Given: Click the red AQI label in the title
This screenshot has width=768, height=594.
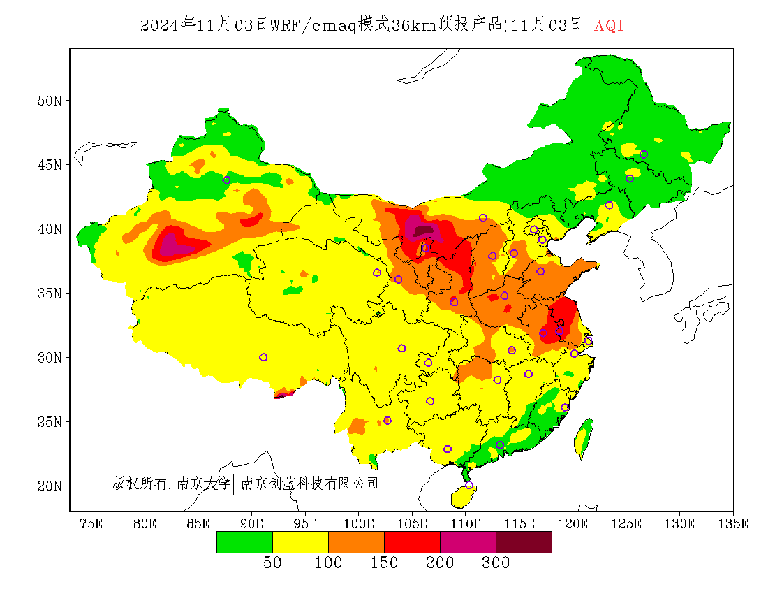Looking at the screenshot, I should point(609,26).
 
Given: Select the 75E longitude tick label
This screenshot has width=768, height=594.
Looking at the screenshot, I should point(91,523).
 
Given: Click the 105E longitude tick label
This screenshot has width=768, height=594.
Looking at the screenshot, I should point(413,523).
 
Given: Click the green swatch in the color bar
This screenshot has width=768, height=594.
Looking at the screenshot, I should point(244,542).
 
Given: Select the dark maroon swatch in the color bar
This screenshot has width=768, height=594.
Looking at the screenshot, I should point(524,542).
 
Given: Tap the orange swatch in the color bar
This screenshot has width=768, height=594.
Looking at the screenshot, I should point(356,542).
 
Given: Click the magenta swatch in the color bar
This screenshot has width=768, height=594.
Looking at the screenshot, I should point(468,542).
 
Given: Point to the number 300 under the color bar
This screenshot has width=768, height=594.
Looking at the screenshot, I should point(496,563).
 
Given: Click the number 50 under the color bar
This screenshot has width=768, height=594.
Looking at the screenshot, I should point(272,563).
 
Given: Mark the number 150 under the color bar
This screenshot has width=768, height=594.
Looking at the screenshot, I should point(384,563).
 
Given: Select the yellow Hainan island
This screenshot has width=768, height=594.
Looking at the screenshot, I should point(463,497).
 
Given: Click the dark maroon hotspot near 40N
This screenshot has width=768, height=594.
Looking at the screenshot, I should point(424,229).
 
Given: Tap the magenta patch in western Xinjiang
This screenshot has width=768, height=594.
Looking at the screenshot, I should point(171,245).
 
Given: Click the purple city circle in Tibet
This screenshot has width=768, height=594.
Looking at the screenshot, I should point(263,357).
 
